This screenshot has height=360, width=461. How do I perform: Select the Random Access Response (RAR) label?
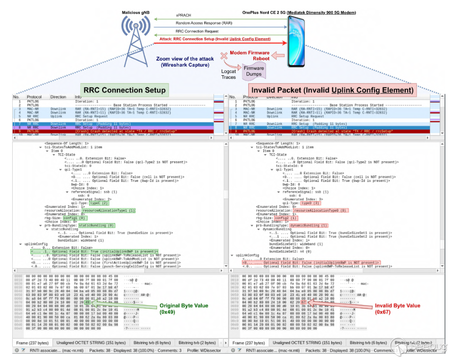pyautogui.click(x=204, y=23)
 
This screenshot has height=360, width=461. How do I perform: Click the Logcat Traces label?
pyautogui.click(x=228, y=74)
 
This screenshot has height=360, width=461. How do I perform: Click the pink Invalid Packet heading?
pyautogui.click(x=332, y=90)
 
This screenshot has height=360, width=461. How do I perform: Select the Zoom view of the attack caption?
pyautogui.click(x=185, y=62)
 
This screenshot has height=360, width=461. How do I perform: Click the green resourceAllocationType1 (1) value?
pyautogui.click(x=111, y=210)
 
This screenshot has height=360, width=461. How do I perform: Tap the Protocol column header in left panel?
pyautogui.click(x=34, y=97)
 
